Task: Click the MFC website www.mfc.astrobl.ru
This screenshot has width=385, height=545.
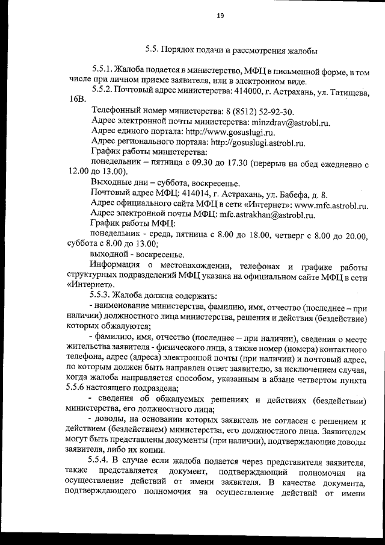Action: tap(331, 205)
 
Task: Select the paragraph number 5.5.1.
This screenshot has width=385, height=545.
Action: tap(101, 71)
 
